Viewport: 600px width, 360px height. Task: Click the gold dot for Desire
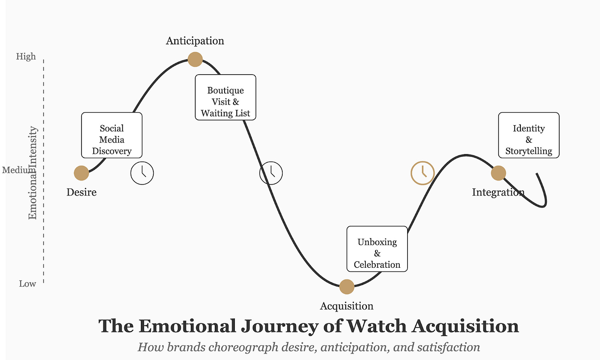point(82,173)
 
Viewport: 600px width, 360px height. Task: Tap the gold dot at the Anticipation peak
point(195,59)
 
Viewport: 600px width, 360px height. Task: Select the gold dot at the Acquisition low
point(347,287)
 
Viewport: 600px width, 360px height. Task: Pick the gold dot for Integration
point(498,173)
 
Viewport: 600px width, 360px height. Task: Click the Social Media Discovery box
point(112,136)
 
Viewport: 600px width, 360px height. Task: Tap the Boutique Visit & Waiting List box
point(225,98)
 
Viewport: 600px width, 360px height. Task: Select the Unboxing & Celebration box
point(377,249)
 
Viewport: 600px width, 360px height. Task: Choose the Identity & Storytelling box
point(529,136)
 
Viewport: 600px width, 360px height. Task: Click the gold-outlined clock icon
point(422,173)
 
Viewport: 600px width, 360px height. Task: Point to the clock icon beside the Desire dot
point(142,173)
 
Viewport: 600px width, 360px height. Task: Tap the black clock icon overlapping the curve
point(271,173)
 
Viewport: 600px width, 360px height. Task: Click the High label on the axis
point(26,56)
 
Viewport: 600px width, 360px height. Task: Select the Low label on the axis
point(28,284)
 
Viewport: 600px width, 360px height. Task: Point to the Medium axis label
point(14,170)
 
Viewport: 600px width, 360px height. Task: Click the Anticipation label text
point(195,41)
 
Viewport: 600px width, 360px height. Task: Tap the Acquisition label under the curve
point(347,306)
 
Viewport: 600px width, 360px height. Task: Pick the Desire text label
point(82,192)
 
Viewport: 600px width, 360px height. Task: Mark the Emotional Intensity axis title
point(33,173)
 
